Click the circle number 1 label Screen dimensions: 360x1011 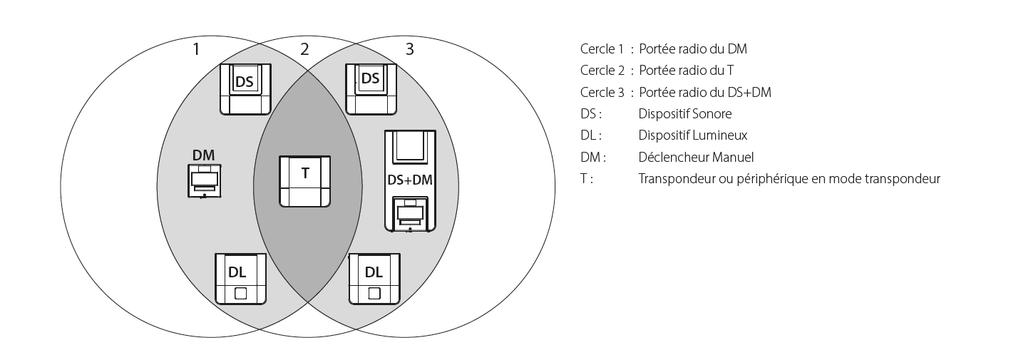point(197,49)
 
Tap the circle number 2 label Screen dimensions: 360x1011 point(304,49)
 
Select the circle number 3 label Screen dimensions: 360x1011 point(409,49)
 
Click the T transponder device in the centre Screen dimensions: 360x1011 point(305,181)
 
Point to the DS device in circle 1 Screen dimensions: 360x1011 point(245,88)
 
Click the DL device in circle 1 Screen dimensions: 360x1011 point(241,279)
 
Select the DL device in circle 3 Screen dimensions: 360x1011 point(374,279)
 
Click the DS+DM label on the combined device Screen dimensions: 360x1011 point(409,180)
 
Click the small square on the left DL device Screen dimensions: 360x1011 point(241,292)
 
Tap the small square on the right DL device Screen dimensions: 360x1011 point(374,292)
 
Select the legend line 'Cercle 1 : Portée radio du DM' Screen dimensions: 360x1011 point(663,49)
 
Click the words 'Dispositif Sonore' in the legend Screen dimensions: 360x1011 point(684,113)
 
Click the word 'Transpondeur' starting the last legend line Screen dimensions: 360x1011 point(674,178)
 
